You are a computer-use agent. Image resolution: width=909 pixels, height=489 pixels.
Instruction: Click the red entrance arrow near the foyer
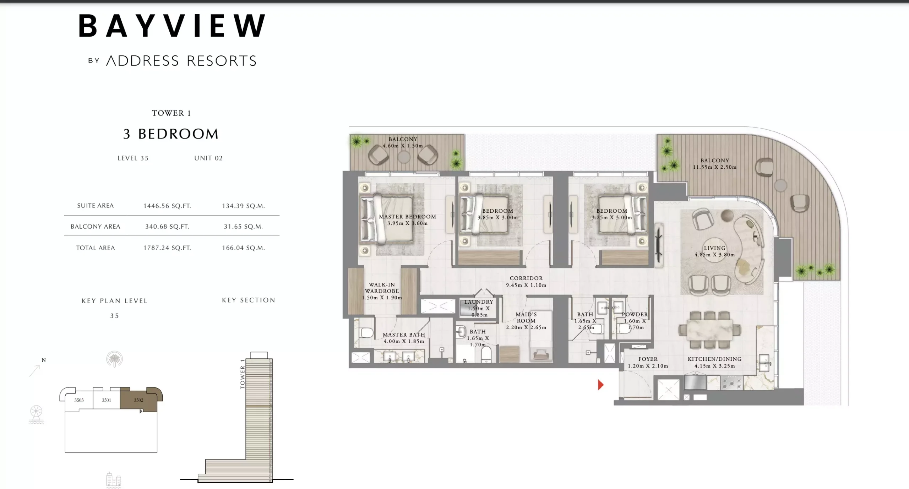pyautogui.click(x=600, y=385)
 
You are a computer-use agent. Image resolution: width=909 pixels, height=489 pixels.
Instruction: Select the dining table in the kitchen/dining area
pyautogui.click(x=709, y=330)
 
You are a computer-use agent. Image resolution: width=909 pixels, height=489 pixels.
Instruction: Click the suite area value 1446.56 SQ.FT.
pyautogui.click(x=167, y=206)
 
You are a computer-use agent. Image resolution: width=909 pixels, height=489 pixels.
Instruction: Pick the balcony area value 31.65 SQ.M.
pyautogui.click(x=243, y=227)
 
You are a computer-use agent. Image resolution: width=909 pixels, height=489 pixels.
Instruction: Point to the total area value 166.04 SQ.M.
pyautogui.click(x=243, y=248)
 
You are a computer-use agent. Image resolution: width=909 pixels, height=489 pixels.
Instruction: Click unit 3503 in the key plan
pyautogui.click(x=79, y=400)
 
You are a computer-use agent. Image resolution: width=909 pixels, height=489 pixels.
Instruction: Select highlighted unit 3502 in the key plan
pyautogui.click(x=138, y=400)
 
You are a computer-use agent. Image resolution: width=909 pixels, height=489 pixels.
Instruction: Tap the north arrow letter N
pyautogui.click(x=44, y=360)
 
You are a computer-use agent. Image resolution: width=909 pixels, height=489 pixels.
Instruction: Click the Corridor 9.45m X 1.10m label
pyautogui.click(x=526, y=282)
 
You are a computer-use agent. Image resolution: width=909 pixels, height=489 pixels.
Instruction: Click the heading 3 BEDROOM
pyautogui.click(x=171, y=134)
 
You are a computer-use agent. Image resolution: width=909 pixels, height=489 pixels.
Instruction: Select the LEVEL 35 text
pyautogui.click(x=133, y=158)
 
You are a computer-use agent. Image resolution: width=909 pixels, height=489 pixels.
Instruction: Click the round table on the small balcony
pyautogui.click(x=404, y=157)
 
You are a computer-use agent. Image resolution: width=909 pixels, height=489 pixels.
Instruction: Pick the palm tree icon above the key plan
pyautogui.click(x=114, y=359)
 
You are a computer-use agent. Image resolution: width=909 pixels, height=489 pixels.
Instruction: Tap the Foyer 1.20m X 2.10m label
pyautogui.click(x=648, y=362)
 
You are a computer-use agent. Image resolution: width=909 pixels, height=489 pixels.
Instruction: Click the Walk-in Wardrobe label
pyautogui.click(x=382, y=291)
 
